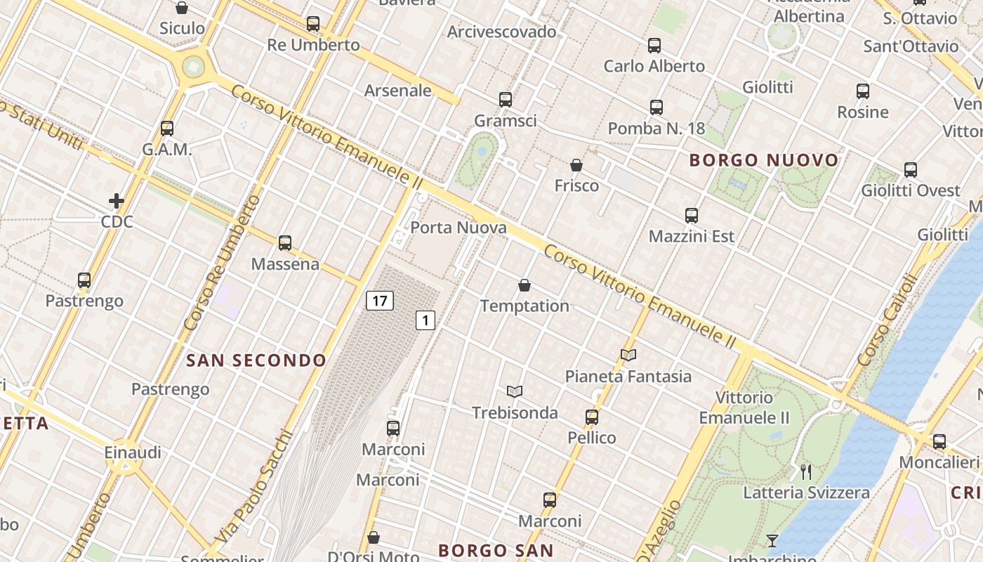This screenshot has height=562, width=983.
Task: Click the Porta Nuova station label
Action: click(458, 228)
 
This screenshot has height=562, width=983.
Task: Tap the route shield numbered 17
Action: click(379, 301)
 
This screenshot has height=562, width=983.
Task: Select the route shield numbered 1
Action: click(425, 320)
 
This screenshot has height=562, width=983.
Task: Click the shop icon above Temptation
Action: click(524, 285)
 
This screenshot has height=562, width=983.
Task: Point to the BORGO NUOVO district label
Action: click(764, 160)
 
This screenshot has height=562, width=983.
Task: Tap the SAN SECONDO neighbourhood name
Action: click(256, 360)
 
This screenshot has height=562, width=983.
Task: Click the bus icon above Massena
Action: click(285, 243)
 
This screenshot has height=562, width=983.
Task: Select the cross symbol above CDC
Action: click(117, 202)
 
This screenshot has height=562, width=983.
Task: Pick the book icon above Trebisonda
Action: click(515, 391)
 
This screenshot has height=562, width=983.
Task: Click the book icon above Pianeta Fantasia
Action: click(628, 355)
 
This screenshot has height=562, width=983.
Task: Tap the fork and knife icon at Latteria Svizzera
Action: click(806, 471)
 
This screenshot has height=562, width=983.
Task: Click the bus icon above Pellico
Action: click(592, 417)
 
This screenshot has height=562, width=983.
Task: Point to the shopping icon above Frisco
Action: click(576, 165)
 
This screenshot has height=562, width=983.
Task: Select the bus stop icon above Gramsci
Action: click(506, 100)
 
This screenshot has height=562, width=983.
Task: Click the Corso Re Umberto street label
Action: click(223, 263)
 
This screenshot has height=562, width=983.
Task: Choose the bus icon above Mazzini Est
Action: click(692, 216)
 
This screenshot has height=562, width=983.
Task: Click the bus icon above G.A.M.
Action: click(167, 129)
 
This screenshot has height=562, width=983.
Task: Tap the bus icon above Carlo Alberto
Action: click(654, 46)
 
